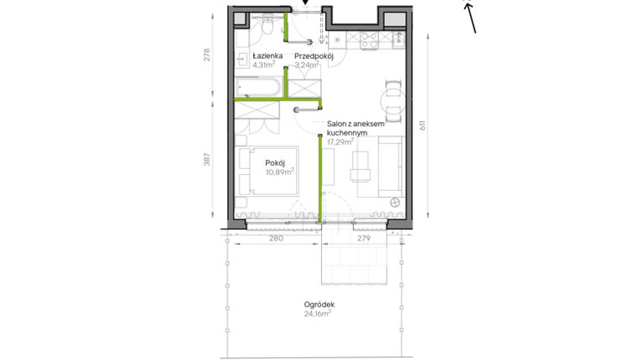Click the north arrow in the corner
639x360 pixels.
pyautogui.click(x=471, y=17)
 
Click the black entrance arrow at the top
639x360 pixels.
pyautogui.click(x=305, y=4)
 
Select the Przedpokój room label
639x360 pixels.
pyautogui.click(x=314, y=56)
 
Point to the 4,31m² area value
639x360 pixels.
pyautogui.click(x=252, y=64)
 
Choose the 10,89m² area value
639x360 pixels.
pyautogui.click(x=279, y=172)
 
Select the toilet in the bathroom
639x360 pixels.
pyautogui.click(x=266, y=27)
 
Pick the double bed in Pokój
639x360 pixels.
pyautogui.click(x=267, y=172)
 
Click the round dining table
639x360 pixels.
pyautogui.click(x=393, y=103)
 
